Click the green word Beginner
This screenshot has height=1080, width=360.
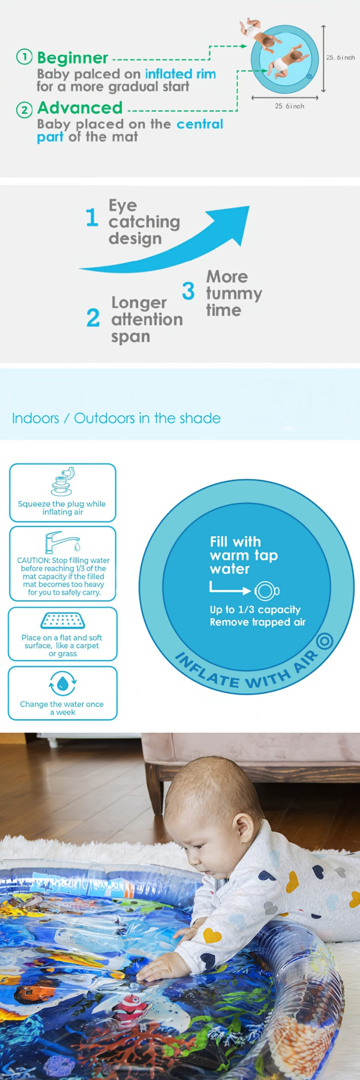72,58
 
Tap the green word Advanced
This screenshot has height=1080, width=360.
80,108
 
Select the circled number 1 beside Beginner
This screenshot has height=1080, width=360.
24,57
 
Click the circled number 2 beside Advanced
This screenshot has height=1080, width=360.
24,110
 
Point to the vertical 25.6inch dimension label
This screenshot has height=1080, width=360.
341,58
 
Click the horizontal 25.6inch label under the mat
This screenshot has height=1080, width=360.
289,106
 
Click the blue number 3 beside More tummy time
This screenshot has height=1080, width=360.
188,291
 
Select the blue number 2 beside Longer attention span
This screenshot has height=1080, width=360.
93,318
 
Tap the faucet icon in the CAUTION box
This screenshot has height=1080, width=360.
63,543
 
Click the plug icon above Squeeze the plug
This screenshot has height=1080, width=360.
63,481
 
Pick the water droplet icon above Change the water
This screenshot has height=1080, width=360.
63,684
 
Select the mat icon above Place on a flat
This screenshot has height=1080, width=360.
63,620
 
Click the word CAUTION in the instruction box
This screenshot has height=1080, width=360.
34,561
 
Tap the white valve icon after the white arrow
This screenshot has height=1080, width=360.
267,590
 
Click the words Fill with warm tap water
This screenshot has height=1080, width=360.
244,555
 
